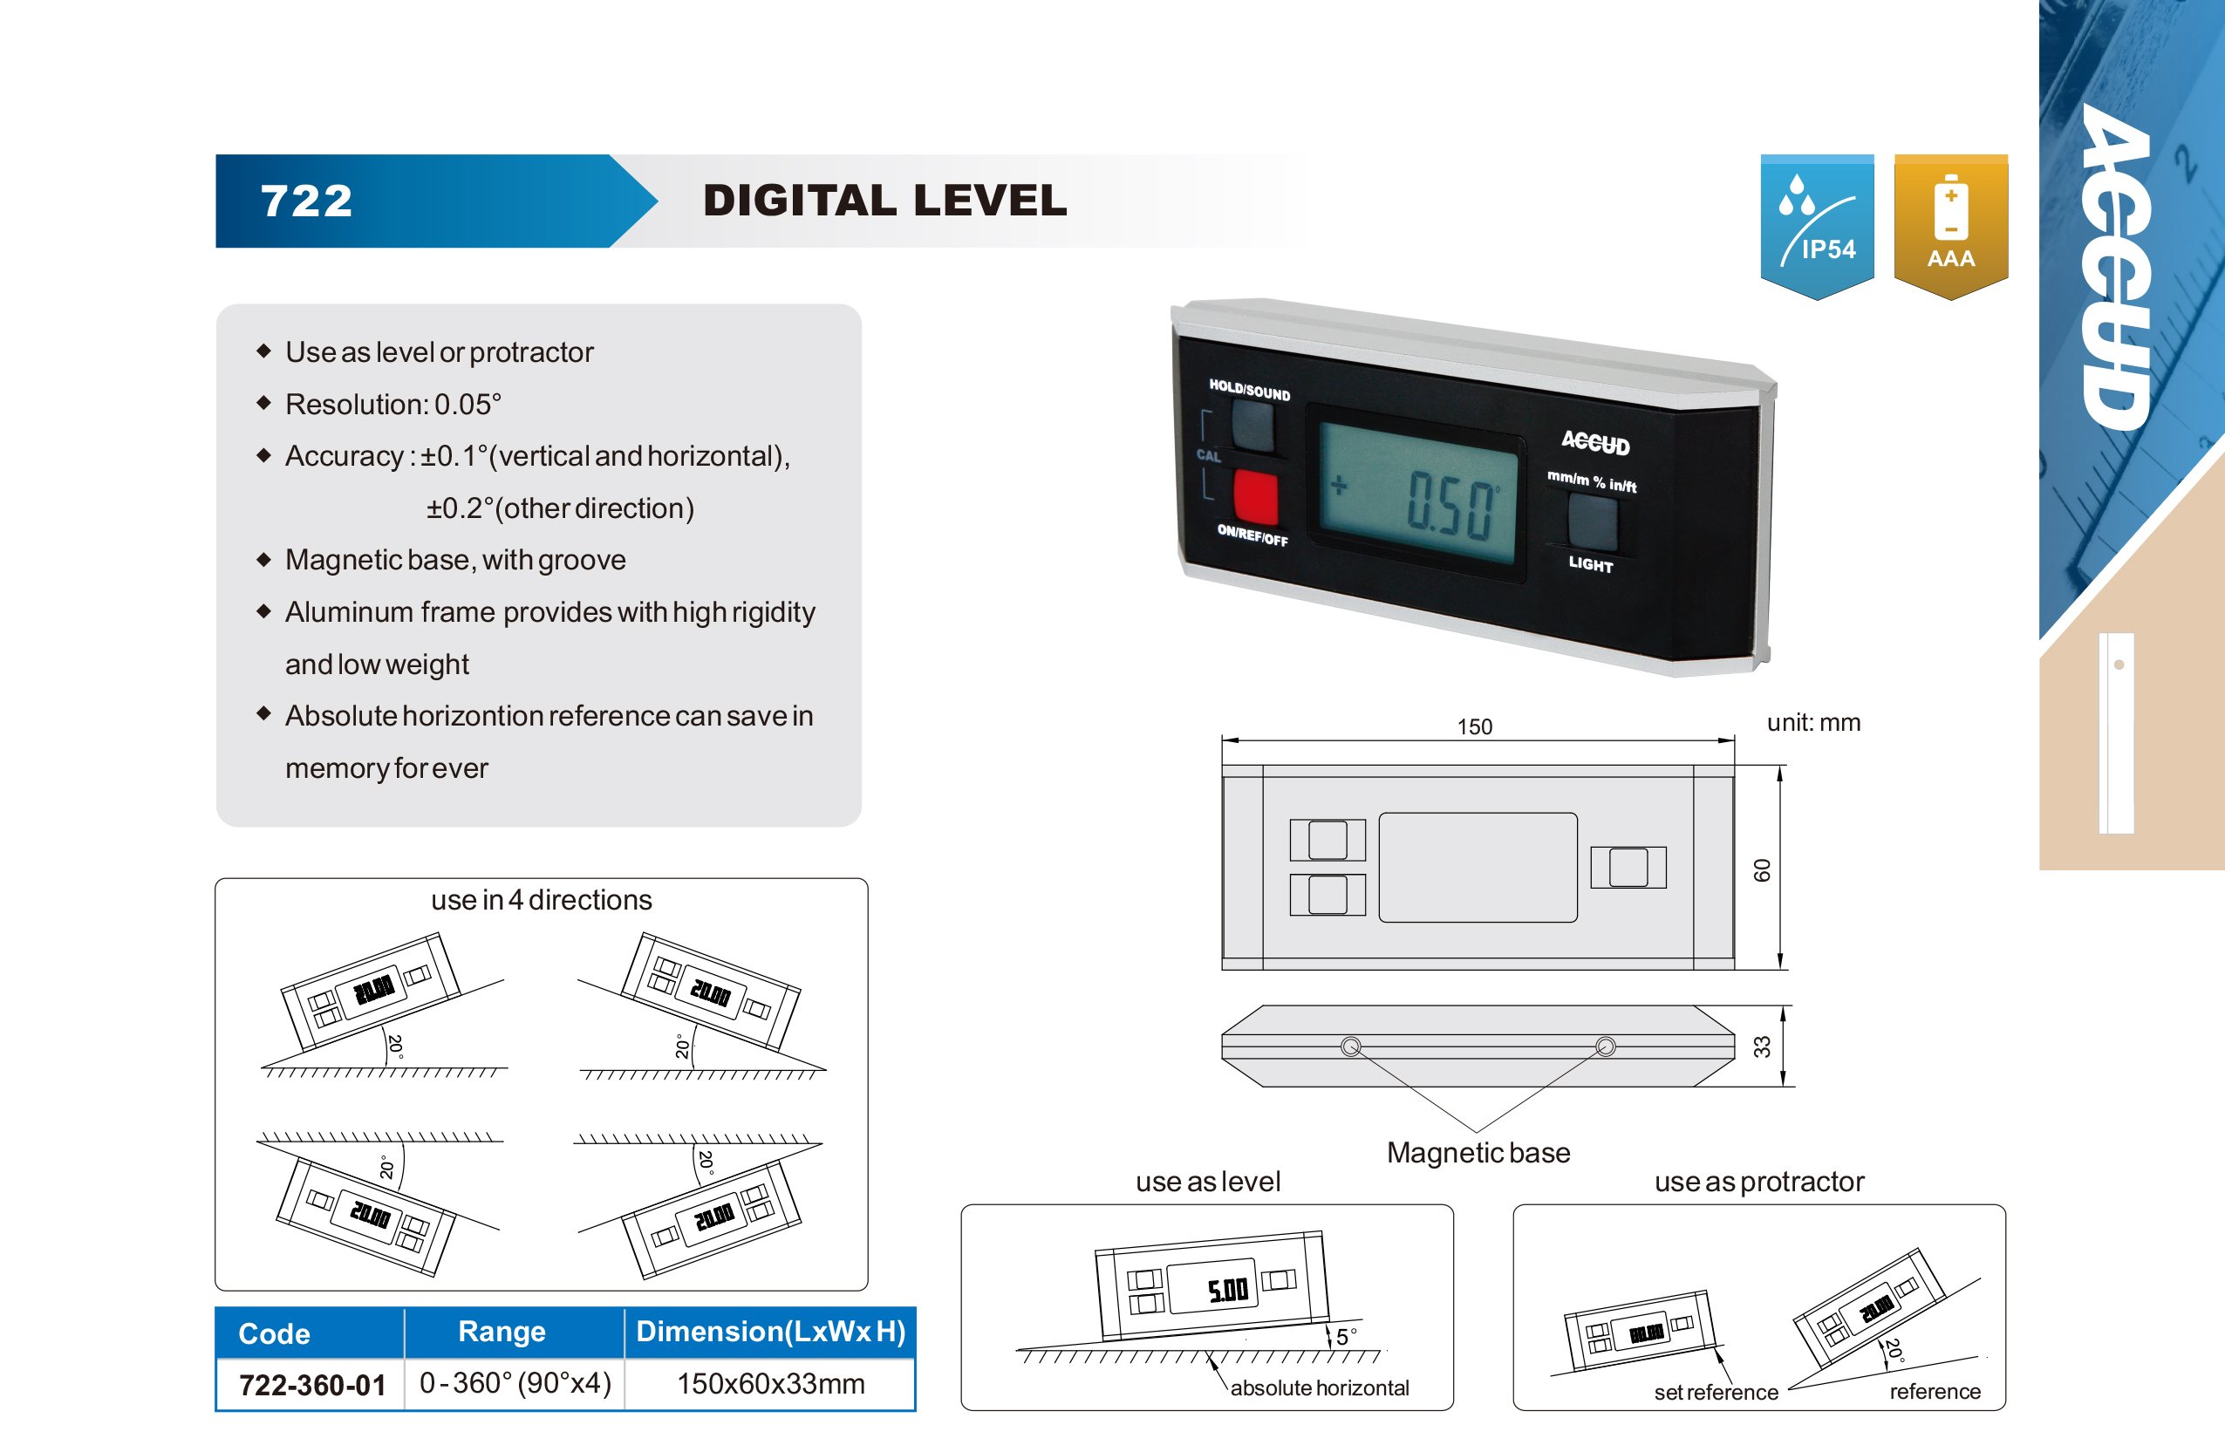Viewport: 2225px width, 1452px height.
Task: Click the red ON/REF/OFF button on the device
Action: (x=1255, y=496)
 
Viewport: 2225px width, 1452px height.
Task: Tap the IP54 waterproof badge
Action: (x=1817, y=225)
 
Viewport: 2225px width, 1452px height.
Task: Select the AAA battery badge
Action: (x=1950, y=225)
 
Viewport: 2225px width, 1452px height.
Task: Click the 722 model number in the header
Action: (x=307, y=201)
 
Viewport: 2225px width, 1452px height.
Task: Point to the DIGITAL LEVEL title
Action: (x=884, y=201)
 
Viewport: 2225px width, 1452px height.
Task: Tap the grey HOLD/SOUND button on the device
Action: (x=1252, y=426)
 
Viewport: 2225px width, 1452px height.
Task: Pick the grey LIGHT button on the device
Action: (x=1592, y=521)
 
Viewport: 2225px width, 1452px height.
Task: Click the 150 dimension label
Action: (x=1474, y=726)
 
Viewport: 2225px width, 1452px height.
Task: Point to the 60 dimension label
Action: (x=1761, y=870)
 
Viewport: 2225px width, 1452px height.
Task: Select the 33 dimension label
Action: (x=1761, y=1046)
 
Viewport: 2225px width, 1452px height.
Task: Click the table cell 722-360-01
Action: (x=312, y=1385)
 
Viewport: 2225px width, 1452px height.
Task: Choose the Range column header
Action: (x=502, y=1332)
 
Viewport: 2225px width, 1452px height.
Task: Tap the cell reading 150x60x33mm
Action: (x=770, y=1384)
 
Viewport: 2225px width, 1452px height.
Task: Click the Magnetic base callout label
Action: (x=1478, y=1153)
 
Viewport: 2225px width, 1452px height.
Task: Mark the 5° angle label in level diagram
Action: (x=1346, y=1336)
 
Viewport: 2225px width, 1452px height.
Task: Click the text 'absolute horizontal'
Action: (x=1319, y=1387)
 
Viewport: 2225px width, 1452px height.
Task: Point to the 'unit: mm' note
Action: (x=1812, y=723)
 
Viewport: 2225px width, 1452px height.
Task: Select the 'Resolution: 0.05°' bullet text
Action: (x=393, y=405)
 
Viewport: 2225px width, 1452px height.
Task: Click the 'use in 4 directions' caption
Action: (x=542, y=899)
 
